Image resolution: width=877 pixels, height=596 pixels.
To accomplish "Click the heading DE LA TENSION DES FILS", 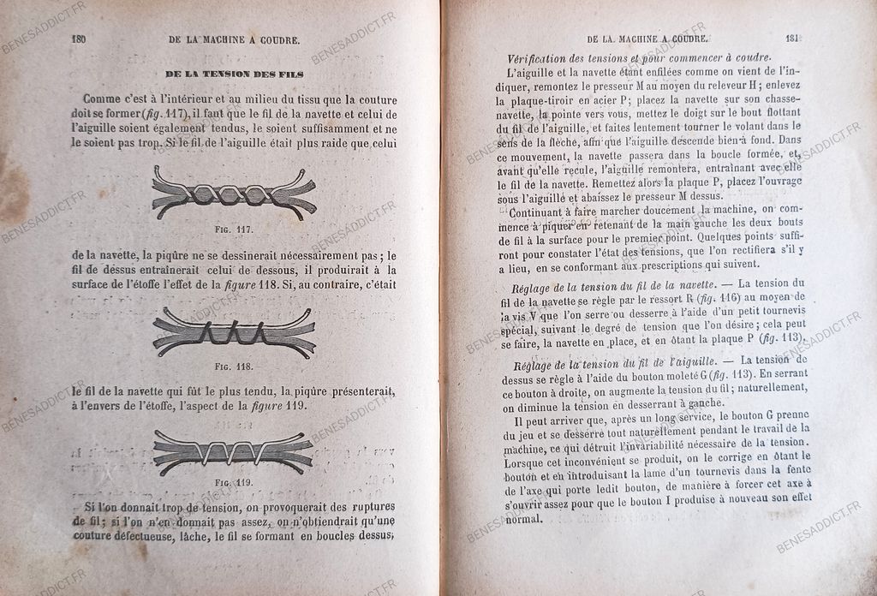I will click(x=234, y=74).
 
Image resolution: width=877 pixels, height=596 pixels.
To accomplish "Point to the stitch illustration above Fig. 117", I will click(x=234, y=194).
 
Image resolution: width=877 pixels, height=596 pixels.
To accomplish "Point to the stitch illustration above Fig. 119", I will click(x=233, y=450).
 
